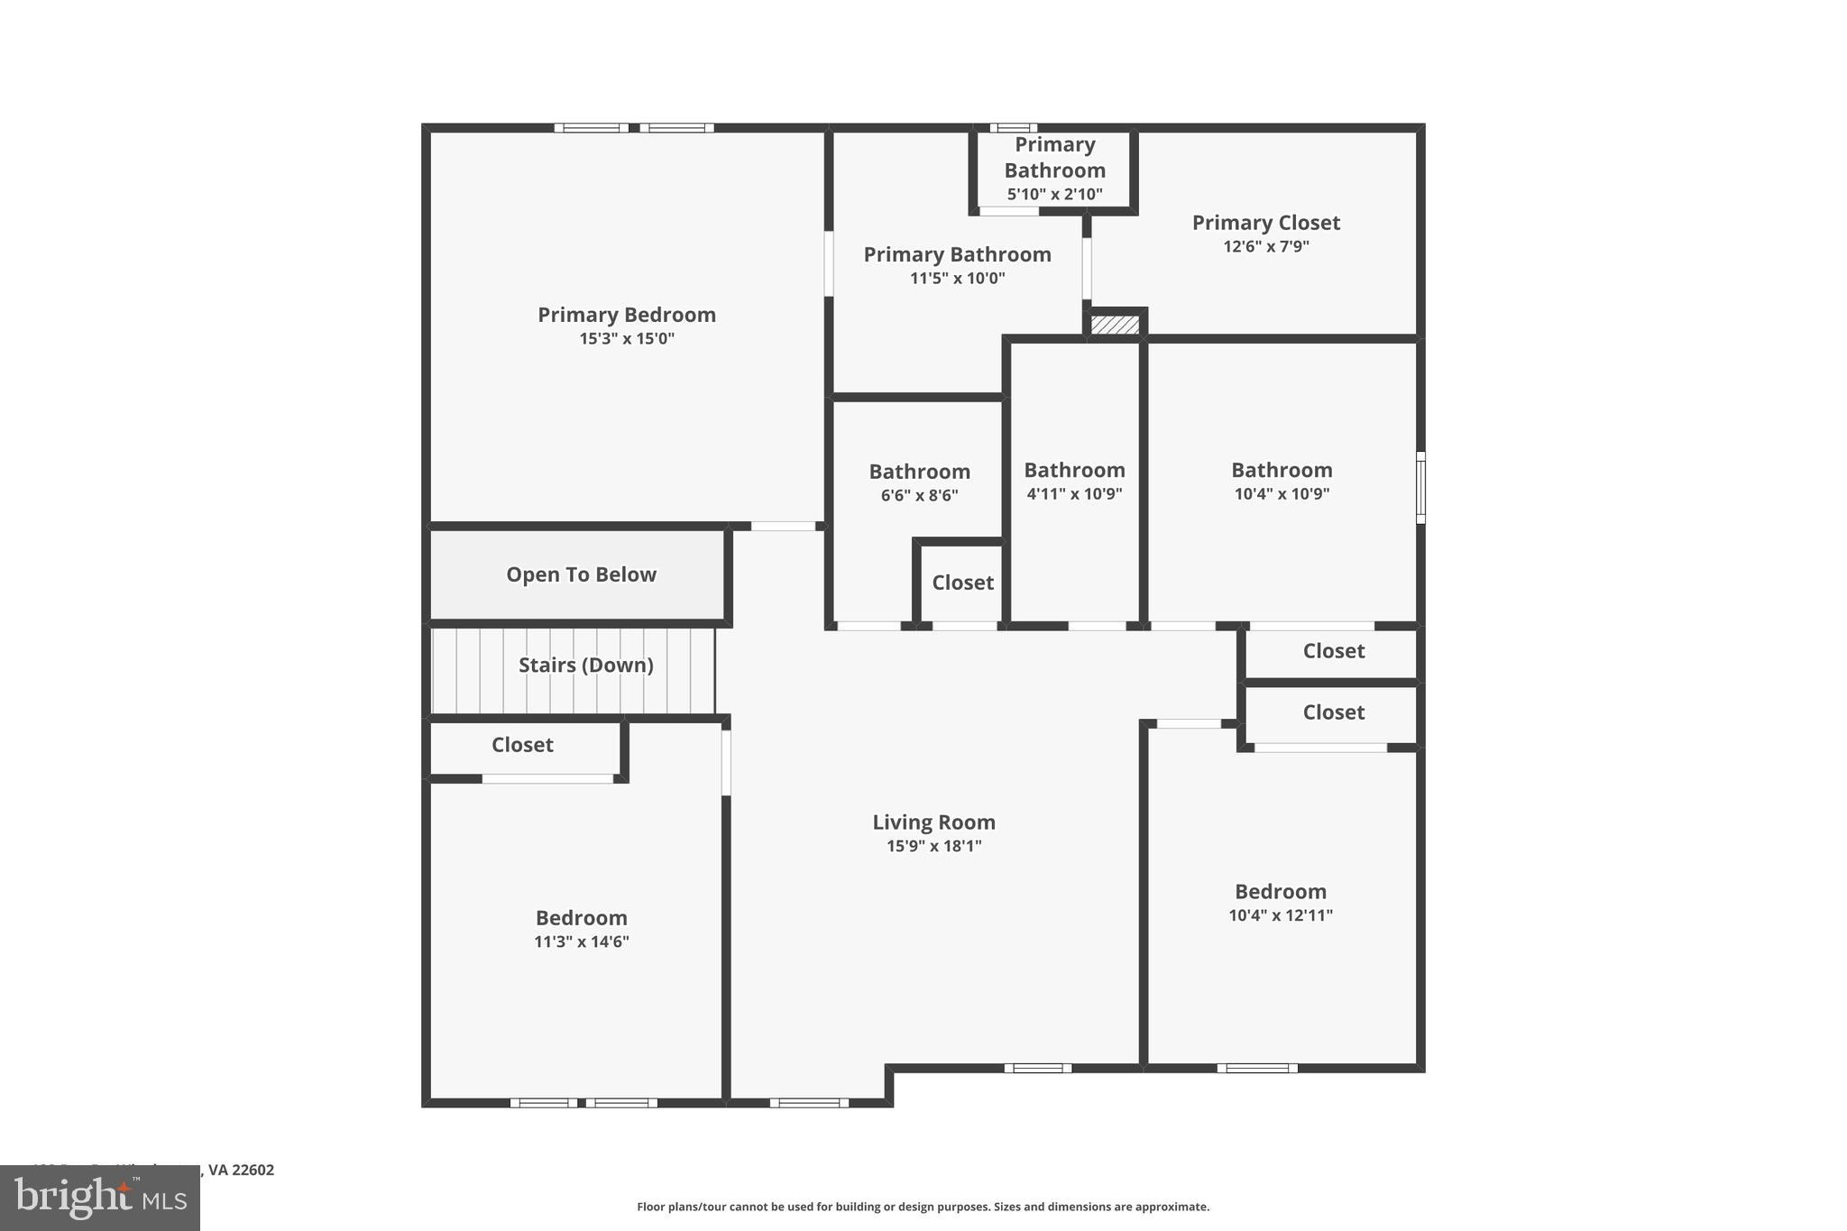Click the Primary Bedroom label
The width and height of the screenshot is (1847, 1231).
tap(626, 315)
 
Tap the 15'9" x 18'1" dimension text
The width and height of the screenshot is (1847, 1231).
tap(933, 846)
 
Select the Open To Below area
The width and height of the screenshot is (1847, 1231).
tap(581, 574)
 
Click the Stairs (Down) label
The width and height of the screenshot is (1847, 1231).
tap(585, 665)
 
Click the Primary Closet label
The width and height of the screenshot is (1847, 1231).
tap(1265, 223)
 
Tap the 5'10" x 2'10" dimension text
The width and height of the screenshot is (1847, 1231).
tap(1054, 194)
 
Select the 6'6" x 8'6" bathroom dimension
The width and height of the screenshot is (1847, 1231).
tap(919, 495)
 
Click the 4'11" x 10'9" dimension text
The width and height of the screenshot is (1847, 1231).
tap(1074, 493)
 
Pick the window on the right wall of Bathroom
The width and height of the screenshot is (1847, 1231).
tap(1420, 487)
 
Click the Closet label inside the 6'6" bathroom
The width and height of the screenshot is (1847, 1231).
tap(962, 583)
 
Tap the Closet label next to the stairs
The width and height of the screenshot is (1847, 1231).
tap(522, 745)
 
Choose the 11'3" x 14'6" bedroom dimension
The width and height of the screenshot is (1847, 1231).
tap(581, 942)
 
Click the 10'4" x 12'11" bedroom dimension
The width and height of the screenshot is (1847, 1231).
tap(1280, 915)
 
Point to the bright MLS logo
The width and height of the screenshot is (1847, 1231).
tap(100, 1198)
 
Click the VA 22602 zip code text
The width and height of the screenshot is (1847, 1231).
tap(241, 1170)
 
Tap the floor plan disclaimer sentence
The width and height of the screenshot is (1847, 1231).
tap(923, 1207)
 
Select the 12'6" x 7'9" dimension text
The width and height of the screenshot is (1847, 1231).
tap(1265, 246)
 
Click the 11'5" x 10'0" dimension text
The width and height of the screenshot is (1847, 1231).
tap(957, 278)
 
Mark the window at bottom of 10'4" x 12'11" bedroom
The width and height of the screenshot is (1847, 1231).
tap(1256, 1069)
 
